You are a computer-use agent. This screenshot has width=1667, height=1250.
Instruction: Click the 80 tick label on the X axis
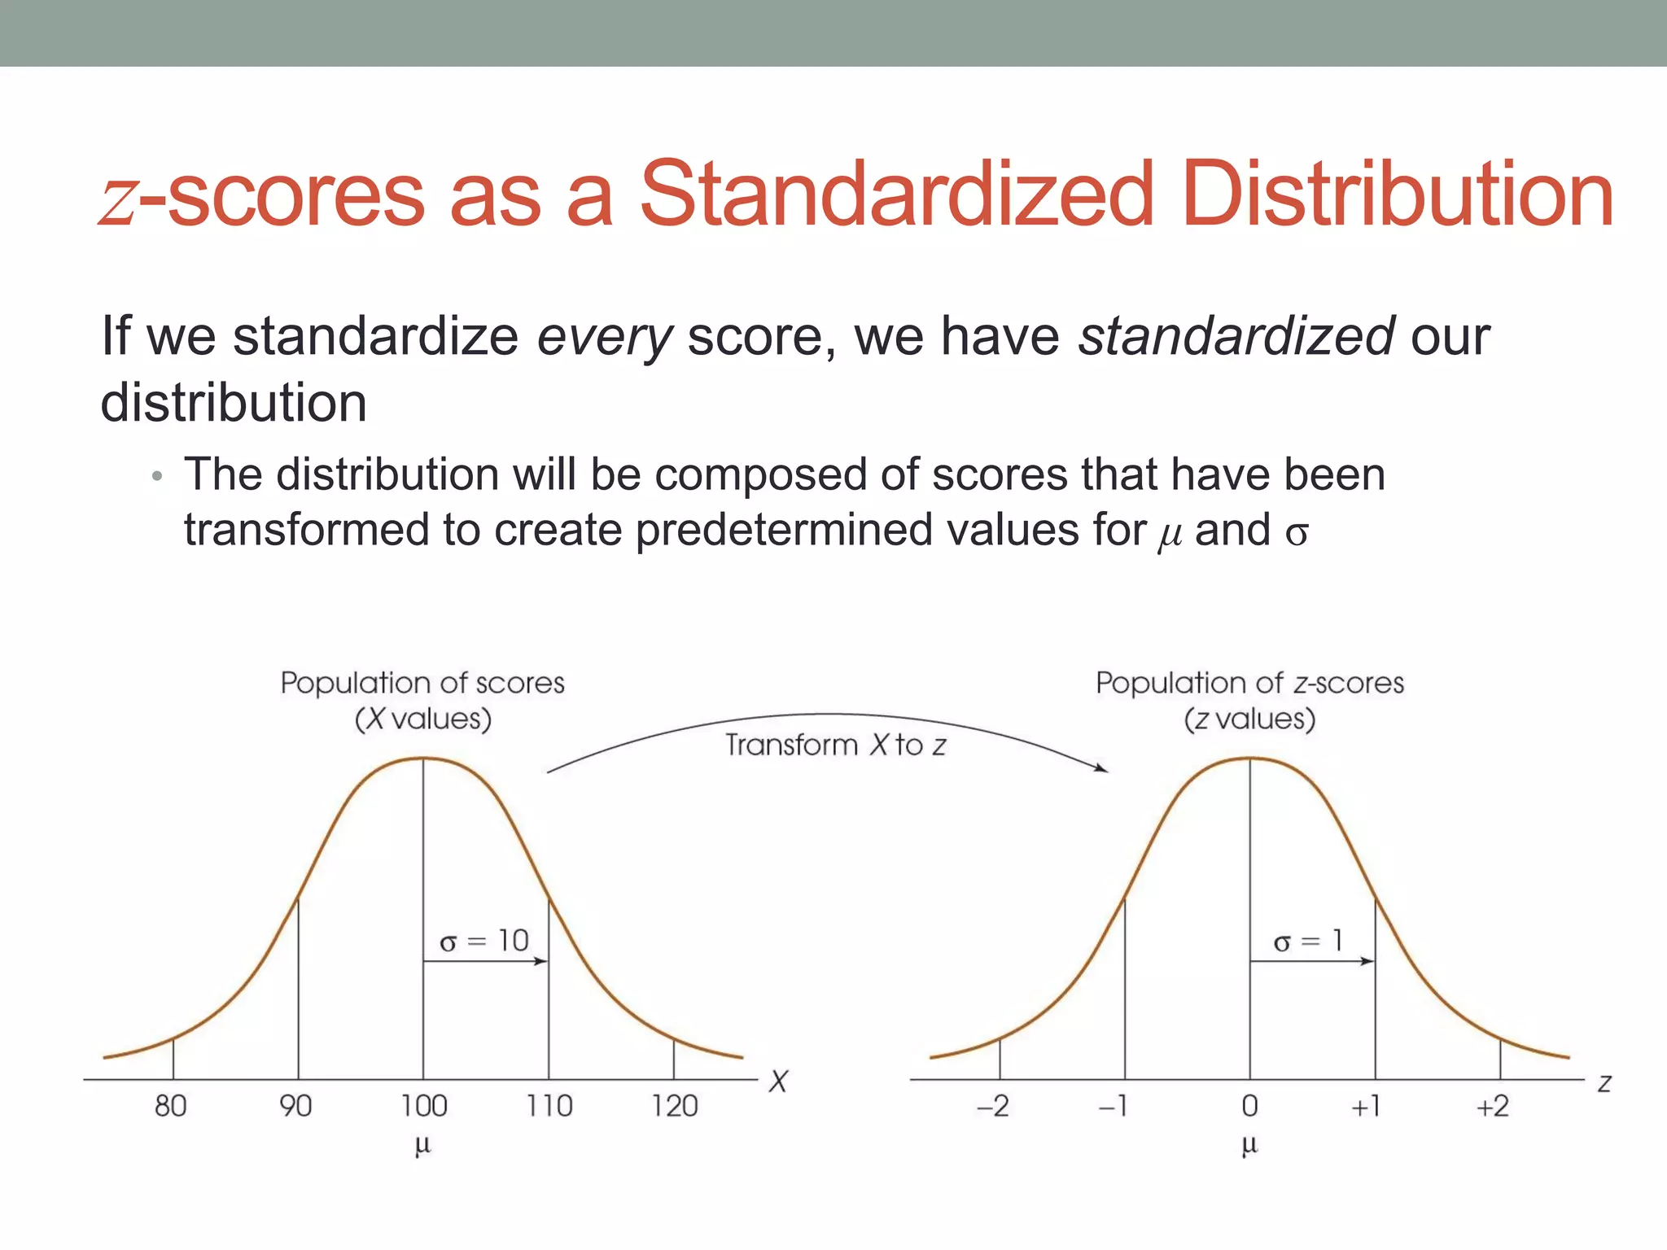[x=171, y=1106]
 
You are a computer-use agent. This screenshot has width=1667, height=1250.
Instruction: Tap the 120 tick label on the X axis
[x=675, y=1106]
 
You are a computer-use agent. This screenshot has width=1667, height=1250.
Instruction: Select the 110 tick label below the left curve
[x=549, y=1106]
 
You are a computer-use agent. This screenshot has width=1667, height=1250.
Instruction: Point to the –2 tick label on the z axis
[x=993, y=1106]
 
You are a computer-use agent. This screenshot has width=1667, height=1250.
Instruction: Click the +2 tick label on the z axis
[x=1493, y=1106]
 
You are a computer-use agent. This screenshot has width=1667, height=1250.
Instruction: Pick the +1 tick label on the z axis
[x=1367, y=1106]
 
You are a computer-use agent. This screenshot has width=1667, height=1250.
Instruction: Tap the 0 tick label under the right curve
[x=1250, y=1106]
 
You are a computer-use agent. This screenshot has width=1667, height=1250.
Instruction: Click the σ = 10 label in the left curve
[x=484, y=942]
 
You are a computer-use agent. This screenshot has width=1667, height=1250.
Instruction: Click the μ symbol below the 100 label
[x=422, y=1146]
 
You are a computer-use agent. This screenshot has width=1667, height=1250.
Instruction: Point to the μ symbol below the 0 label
[x=1250, y=1146]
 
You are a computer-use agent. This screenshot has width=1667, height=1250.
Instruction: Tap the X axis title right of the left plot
[x=779, y=1082]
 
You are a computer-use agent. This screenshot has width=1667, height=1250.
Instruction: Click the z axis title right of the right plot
[x=1604, y=1083]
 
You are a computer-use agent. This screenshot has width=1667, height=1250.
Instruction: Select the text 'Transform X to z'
[x=836, y=745]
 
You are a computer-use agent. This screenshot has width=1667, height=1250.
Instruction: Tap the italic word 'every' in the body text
[x=604, y=337]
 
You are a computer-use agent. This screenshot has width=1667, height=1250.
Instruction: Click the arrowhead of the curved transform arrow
[x=1101, y=767]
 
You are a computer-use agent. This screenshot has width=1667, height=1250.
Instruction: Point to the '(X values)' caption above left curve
[x=423, y=719]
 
